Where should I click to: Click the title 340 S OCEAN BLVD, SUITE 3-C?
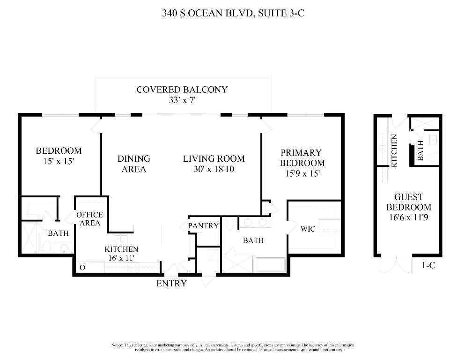[x=233, y=13]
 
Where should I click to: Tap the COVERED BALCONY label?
[x=182, y=89]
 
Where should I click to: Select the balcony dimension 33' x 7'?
[x=182, y=100]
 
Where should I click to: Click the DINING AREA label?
[x=134, y=164]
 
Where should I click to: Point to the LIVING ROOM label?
[x=214, y=159]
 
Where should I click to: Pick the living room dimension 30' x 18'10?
[x=214, y=169]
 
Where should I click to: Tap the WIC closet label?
[x=308, y=229]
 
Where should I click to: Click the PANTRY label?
[x=203, y=226]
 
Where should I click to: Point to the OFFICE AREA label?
[x=90, y=219]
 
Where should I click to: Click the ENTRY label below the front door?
[x=171, y=283]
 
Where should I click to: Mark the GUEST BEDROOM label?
[x=408, y=202]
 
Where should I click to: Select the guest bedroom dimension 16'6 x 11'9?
[x=408, y=217]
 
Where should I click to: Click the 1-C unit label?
[x=428, y=265]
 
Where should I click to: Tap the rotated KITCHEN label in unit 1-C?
[x=394, y=150]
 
